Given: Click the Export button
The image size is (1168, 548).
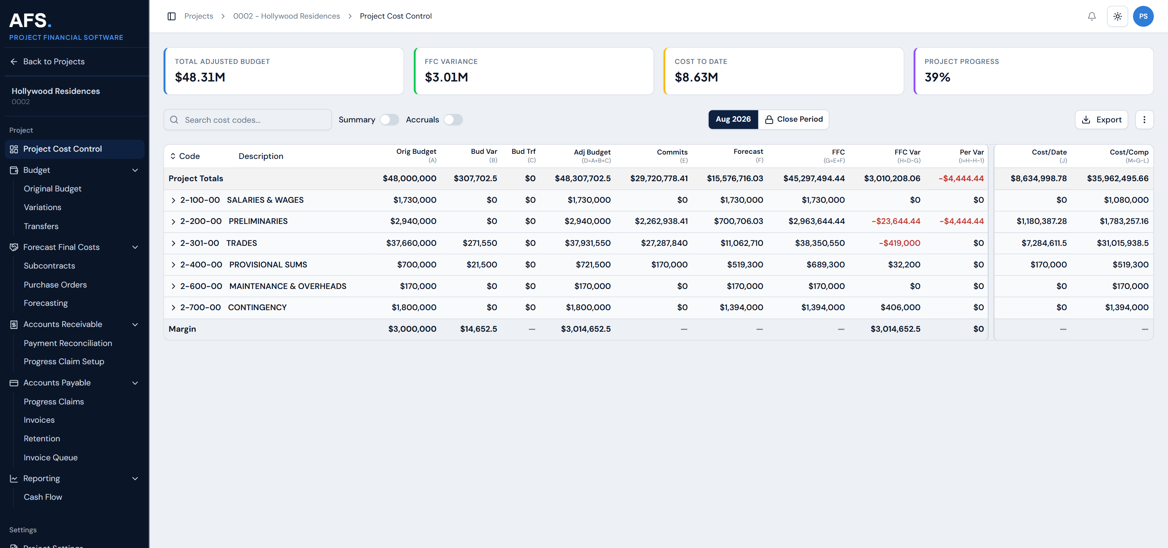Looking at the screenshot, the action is [x=1101, y=120].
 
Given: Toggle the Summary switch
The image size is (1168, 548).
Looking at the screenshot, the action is [x=389, y=120].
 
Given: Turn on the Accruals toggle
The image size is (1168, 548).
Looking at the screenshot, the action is [x=453, y=120].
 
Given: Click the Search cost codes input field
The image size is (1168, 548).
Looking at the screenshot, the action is [x=247, y=120].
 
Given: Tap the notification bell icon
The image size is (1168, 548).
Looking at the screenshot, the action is [x=1092, y=16].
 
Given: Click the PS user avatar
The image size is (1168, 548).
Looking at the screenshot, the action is [x=1143, y=16].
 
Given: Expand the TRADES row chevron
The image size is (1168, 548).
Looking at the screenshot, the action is [x=173, y=243].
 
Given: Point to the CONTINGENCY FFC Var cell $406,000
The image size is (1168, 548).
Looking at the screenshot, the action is [x=900, y=308].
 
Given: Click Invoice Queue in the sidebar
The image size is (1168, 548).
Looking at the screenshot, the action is [x=51, y=458].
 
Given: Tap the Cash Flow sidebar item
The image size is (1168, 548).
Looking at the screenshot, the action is [x=43, y=497].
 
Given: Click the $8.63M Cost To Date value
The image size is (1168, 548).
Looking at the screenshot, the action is [x=696, y=77].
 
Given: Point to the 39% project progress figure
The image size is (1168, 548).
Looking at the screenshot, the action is [x=937, y=77].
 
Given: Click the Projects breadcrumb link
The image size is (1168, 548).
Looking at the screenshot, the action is [x=199, y=16].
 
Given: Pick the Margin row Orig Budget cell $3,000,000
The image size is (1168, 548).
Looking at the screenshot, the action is [x=412, y=329].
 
